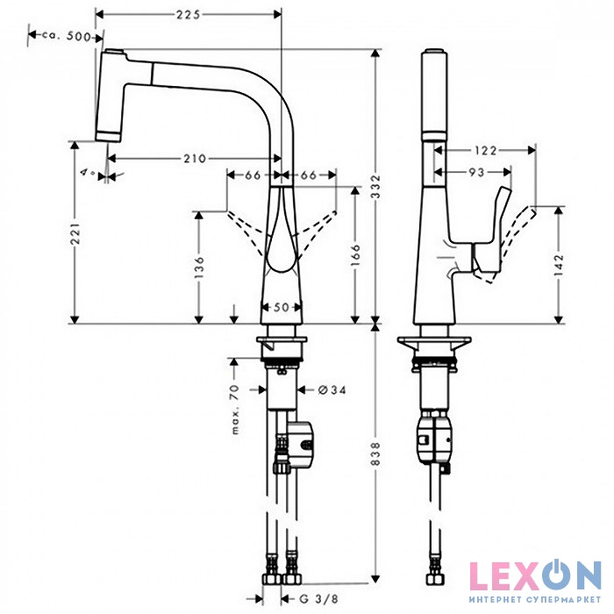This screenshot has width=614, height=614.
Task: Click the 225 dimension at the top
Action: pyautogui.click(x=188, y=14)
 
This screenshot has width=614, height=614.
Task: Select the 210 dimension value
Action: pyautogui.click(x=196, y=159)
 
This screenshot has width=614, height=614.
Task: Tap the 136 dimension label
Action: pyautogui.click(x=200, y=263)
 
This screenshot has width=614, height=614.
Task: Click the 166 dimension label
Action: pyautogui.click(x=354, y=255)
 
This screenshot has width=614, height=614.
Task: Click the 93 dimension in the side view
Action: pyautogui.click(x=475, y=172)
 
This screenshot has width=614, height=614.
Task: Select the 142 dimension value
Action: pyautogui.click(x=560, y=263)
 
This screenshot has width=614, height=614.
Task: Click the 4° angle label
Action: pyautogui.click(x=86, y=175)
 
